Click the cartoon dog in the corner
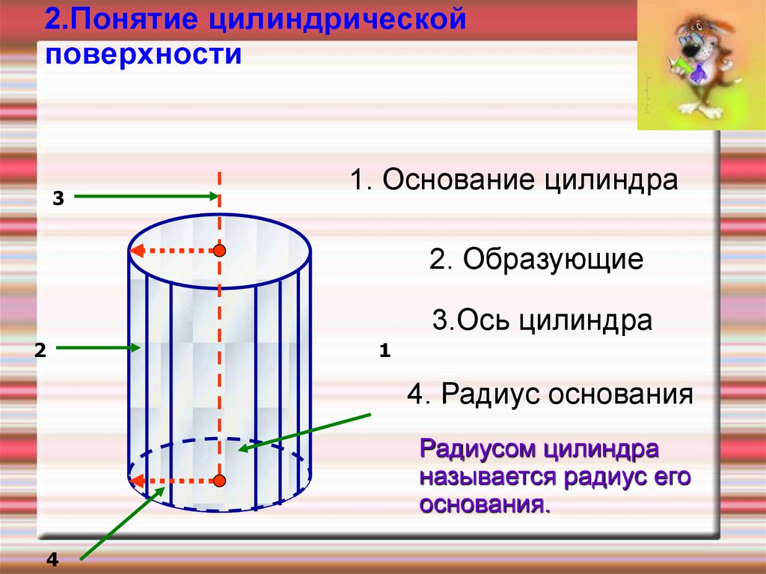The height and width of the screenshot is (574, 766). (699, 64)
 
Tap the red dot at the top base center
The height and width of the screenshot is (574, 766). (219, 251)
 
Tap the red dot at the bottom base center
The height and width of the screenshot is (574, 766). (219, 480)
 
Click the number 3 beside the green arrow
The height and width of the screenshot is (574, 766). (59, 198)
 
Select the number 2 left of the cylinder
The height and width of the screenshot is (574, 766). (40, 349)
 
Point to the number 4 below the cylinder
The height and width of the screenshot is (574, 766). (52, 559)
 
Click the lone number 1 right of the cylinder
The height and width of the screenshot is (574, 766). (385, 349)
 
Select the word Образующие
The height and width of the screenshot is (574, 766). (553, 260)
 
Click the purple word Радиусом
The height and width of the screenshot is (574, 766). (477, 451)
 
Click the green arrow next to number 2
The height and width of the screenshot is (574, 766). (98, 347)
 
